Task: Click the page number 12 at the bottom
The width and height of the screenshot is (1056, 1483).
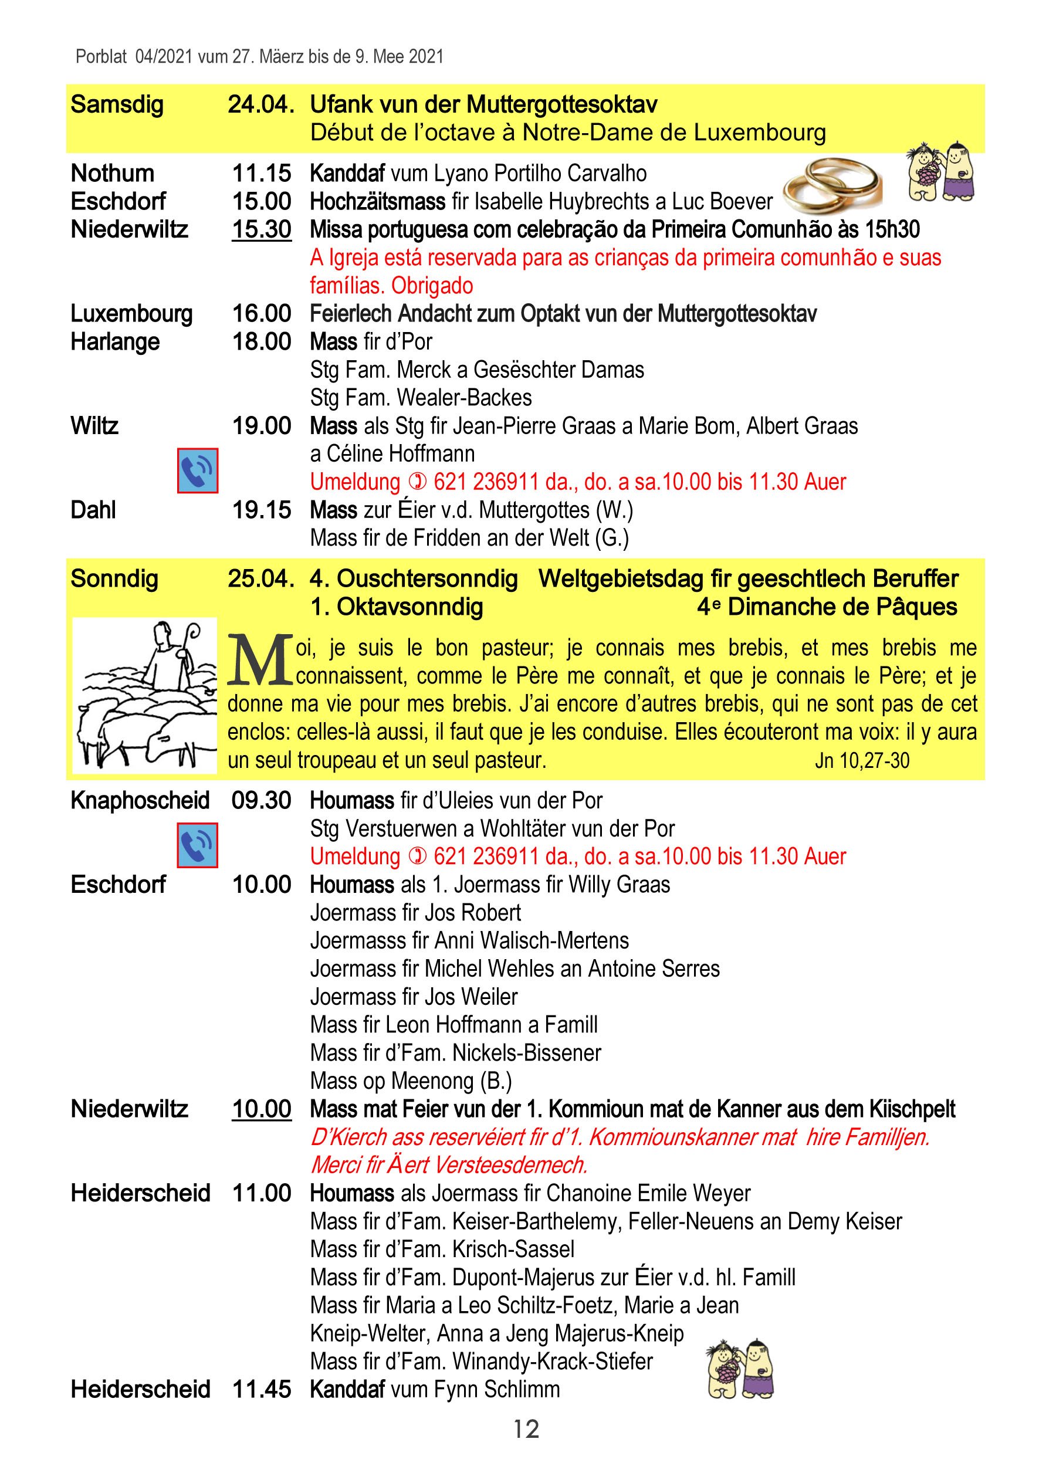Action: (x=526, y=1428)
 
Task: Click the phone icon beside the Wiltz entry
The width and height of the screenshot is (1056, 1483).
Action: (x=198, y=470)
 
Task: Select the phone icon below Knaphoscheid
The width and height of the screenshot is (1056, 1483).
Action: (x=198, y=845)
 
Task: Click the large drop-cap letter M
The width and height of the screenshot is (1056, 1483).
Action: (x=259, y=661)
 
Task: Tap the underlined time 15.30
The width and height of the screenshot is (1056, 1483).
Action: (x=262, y=229)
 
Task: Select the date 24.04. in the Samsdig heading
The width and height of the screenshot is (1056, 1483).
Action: (x=260, y=104)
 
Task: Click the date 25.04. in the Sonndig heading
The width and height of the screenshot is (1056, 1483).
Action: (x=260, y=578)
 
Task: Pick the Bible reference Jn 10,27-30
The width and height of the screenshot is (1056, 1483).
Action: (x=862, y=760)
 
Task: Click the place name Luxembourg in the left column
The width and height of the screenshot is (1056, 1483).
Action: (x=131, y=313)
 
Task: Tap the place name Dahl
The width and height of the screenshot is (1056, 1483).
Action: (x=93, y=510)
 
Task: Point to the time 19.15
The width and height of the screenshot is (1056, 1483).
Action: (x=262, y=510)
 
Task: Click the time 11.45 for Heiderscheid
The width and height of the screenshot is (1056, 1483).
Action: (x=262, y=1389)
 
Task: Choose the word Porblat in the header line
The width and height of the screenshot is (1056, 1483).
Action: (x=101, y=56)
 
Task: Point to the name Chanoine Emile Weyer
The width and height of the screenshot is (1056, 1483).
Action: (x=648, y=1193)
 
